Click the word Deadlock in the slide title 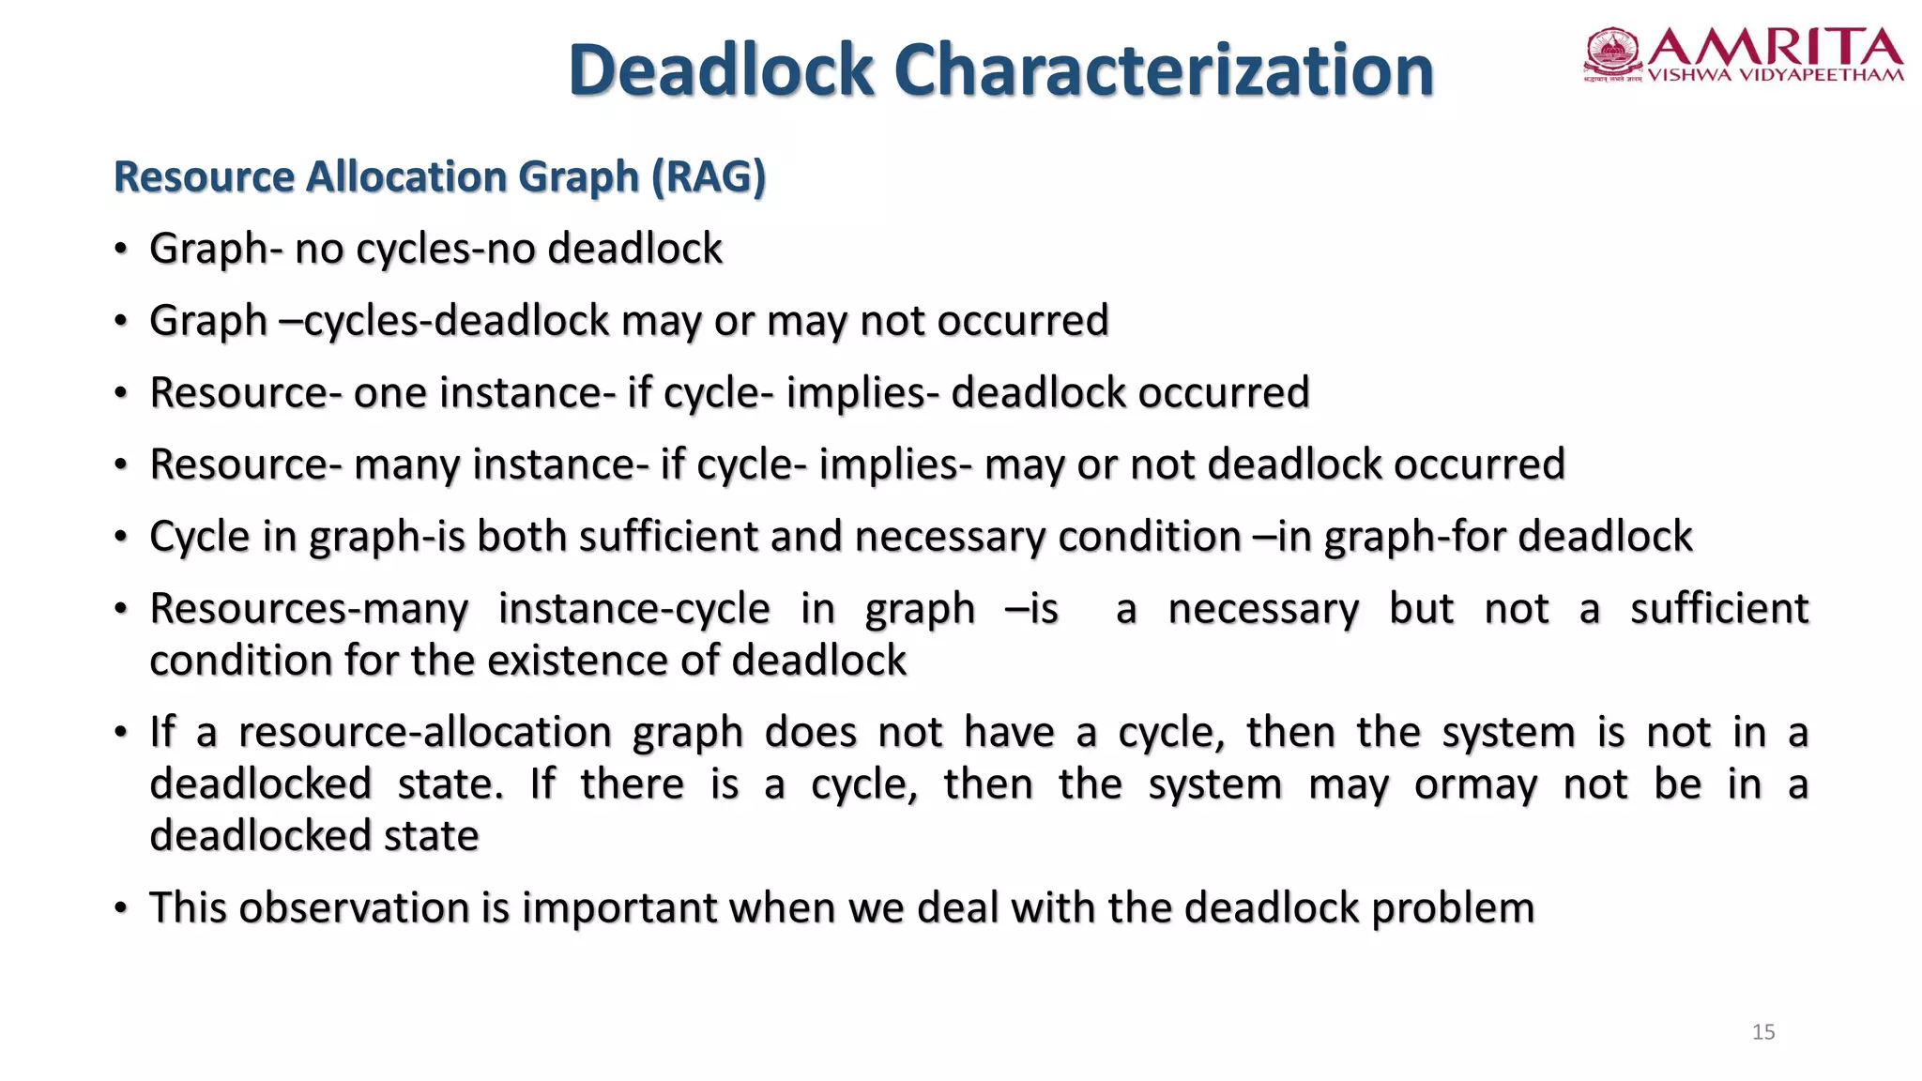pyautogui.click(x=721, y=70)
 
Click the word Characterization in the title pyautogui.click(x=1164, y=70)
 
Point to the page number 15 pyautogui.click(x=1763, y=1032)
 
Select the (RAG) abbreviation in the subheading pyautogui.click(x=709, y=176)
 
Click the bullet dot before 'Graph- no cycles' pyautogui.click(x=120, y=250)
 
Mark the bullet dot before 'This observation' pyautogui.click(x=120, y=909)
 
